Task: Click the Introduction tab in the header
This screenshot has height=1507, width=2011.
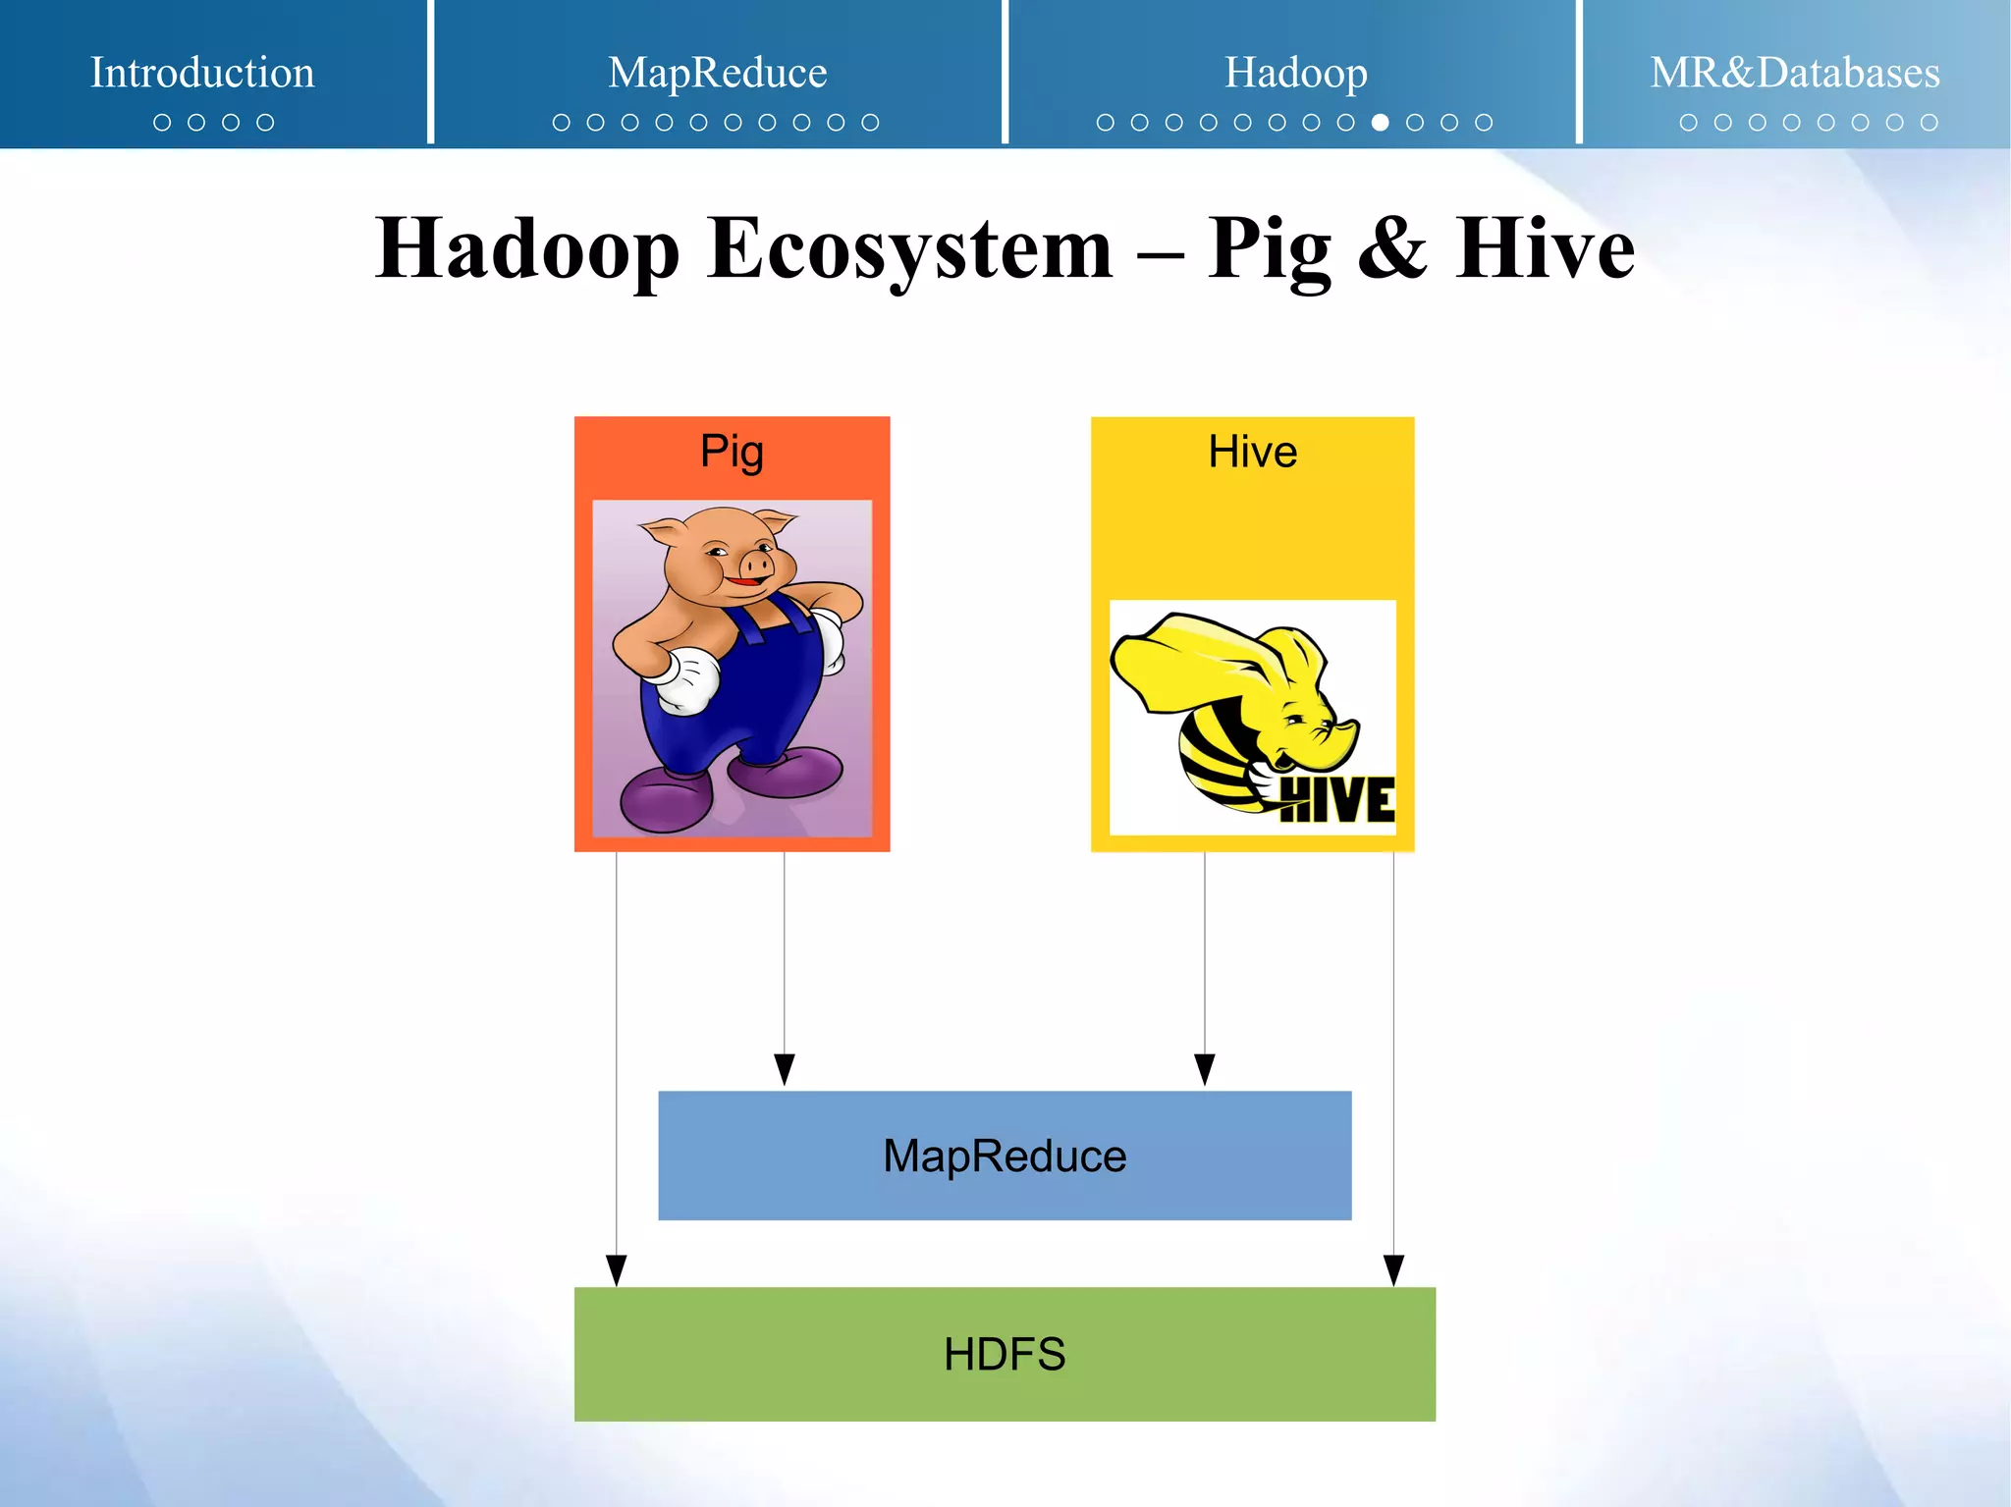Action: [x=202, y=73]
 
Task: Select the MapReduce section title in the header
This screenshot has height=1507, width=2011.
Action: [x=717, y=73]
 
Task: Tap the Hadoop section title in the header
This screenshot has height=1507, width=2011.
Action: [x=1295, y=73]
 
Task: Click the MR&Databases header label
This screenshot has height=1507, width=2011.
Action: [x=1794, y=73]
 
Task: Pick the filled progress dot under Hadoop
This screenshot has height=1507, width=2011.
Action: [x=1380, y=123]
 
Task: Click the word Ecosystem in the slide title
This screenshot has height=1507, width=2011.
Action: [x=909, y=249]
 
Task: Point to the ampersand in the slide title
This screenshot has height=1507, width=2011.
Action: [x=1391, y=249]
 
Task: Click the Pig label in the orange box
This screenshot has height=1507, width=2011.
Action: [x=732, y=452]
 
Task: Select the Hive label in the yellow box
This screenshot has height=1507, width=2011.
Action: [x=1252, y=452]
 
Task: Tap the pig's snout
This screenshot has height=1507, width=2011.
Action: [x=756, y=565]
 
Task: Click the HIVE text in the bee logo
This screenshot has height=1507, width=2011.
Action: [x=1337, y=800]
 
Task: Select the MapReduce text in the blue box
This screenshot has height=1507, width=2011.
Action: [x=1005, y=1156]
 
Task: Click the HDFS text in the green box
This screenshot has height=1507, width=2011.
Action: [x=1005, y=1355]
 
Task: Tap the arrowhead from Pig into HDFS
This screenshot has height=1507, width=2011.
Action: [x=616, y=1270]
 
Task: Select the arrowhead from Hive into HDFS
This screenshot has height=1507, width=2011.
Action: [x=1393, y=1270]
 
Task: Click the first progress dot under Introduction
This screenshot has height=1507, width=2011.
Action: [x=162, y=123]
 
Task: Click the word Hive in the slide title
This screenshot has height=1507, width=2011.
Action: [x=1544, y=249]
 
